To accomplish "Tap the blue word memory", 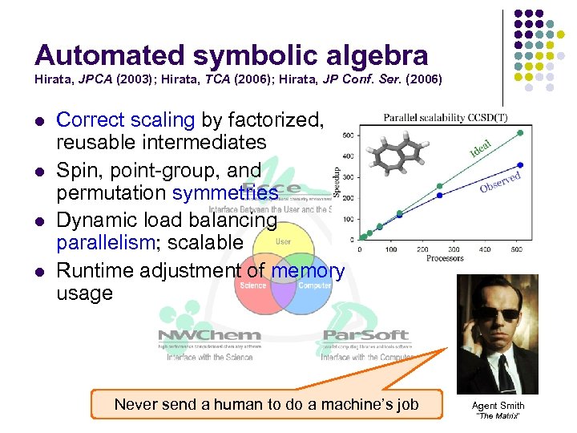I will [308, 271].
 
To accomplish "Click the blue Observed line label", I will [500, 181].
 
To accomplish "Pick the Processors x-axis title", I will [445, 258].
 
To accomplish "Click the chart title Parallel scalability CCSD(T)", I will [446, 118].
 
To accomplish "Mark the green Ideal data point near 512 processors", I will [521, 132].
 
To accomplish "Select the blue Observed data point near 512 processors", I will [521, 165].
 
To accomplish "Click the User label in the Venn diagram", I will [283, 241].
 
